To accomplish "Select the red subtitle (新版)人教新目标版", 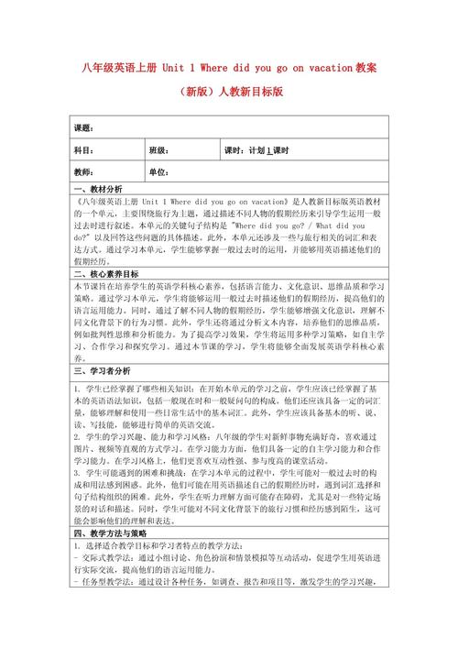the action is tap(229, 92).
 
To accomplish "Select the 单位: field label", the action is tap(134, 172).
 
